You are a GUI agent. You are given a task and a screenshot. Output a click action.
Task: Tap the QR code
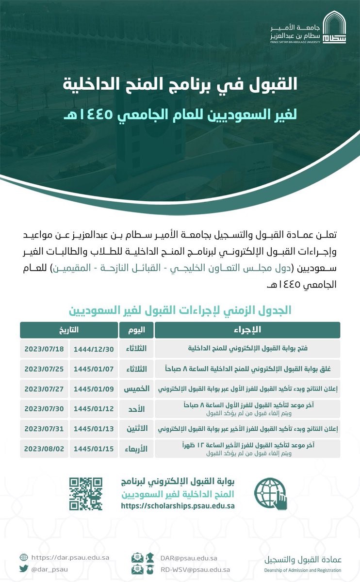86,494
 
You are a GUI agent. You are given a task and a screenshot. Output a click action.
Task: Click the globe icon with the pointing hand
270,494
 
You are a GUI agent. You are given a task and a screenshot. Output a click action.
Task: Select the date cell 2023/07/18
44,349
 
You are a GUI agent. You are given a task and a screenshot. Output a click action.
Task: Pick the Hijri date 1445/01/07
93,369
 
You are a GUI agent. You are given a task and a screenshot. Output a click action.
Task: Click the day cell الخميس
136,389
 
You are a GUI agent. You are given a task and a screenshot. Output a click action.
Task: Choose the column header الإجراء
247,330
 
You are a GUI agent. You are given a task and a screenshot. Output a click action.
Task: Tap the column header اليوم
136,330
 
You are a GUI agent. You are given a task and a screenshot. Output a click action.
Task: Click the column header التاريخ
68,330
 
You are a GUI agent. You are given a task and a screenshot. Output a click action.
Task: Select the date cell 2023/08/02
44,449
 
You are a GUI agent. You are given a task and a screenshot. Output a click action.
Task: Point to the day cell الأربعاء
136,449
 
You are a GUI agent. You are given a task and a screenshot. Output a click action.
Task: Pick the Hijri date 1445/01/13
93,429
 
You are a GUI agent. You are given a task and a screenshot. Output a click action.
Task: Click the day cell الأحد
136,409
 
